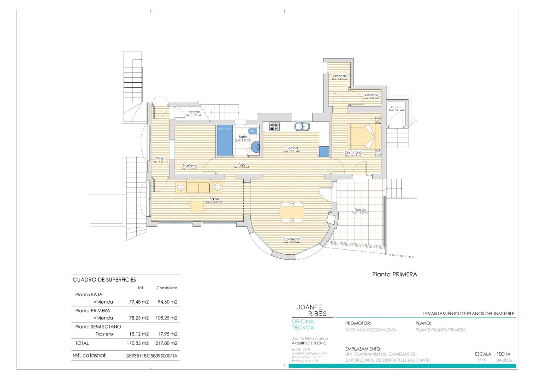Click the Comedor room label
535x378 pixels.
tap(292, 239)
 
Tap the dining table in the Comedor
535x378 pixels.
tap(292, 212)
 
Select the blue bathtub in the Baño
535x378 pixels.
tap(224, 141)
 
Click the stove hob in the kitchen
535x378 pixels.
tap(275, 127)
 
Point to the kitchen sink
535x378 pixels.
tap(302, 126)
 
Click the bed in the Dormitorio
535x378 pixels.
tap(363, 136)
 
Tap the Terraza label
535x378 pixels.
tap(360, 209)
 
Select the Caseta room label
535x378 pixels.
tap(396, 107)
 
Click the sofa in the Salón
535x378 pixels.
tap(199, 187)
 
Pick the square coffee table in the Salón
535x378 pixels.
tap(197, 206)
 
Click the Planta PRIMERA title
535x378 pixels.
tap(395, 274)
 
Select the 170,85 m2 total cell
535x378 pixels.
tap(138, 343)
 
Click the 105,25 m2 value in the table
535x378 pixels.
tap(166, 318)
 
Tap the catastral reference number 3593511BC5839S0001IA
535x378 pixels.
tap(152, 356)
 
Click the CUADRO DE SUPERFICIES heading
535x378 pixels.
tap(104, 280)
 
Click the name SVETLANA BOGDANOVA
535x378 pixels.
tap(370, 330)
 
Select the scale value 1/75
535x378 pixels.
tap(481, 360)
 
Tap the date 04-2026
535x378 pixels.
tap(504, 360)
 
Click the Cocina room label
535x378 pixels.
tap(292, 148)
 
